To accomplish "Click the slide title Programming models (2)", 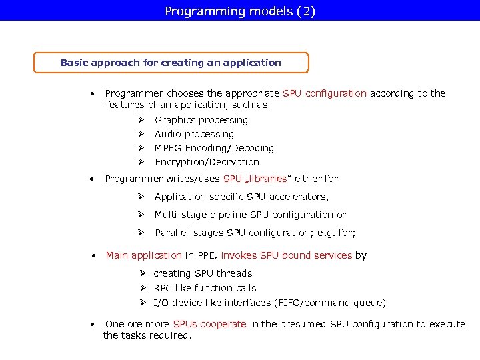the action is coord(240,11).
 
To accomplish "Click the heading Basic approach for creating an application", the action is coord(171,63).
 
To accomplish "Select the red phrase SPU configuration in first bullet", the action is coord(325,93).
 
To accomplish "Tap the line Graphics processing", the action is coord(201,120).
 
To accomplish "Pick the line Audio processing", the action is coord(194,134).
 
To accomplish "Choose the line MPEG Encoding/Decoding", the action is coord(214,148).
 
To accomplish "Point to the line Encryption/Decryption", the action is coord(207,162).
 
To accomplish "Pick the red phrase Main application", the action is coord(143,255).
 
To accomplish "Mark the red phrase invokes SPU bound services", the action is coord(286,255).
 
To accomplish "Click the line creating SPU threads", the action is coord(203,273).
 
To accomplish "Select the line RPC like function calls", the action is coord(205,288).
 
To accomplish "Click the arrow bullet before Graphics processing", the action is coord(141,120).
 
